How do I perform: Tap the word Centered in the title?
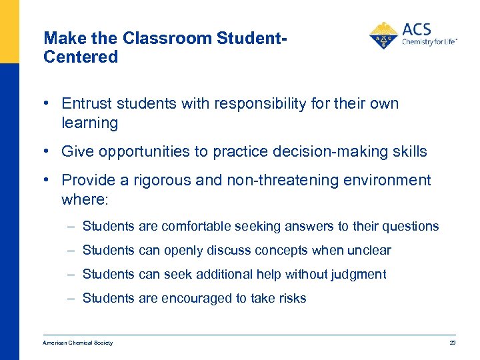(81, 57)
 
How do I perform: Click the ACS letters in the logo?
(417, 30)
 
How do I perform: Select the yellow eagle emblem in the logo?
(384, 35)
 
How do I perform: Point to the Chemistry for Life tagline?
(429, 42)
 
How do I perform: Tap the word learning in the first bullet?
(89, 123)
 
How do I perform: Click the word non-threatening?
(287, 181)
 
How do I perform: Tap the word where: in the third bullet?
(83, 199)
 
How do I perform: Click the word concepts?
(267, 251)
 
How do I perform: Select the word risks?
(291, 299)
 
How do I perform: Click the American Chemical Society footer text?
(77, 343)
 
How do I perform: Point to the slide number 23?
(453, 343)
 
